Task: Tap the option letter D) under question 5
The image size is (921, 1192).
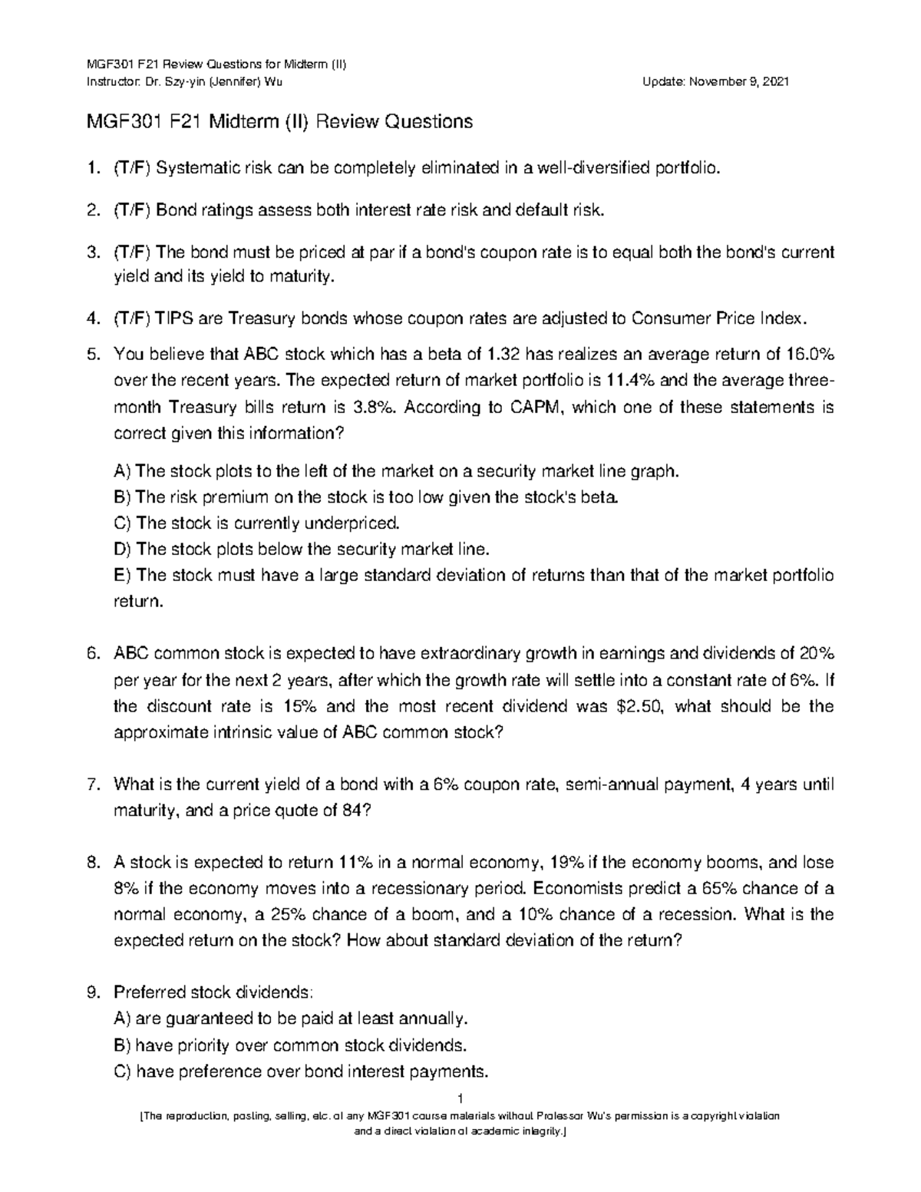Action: click(123, 550)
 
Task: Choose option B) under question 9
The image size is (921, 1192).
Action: click(123, 1045)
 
